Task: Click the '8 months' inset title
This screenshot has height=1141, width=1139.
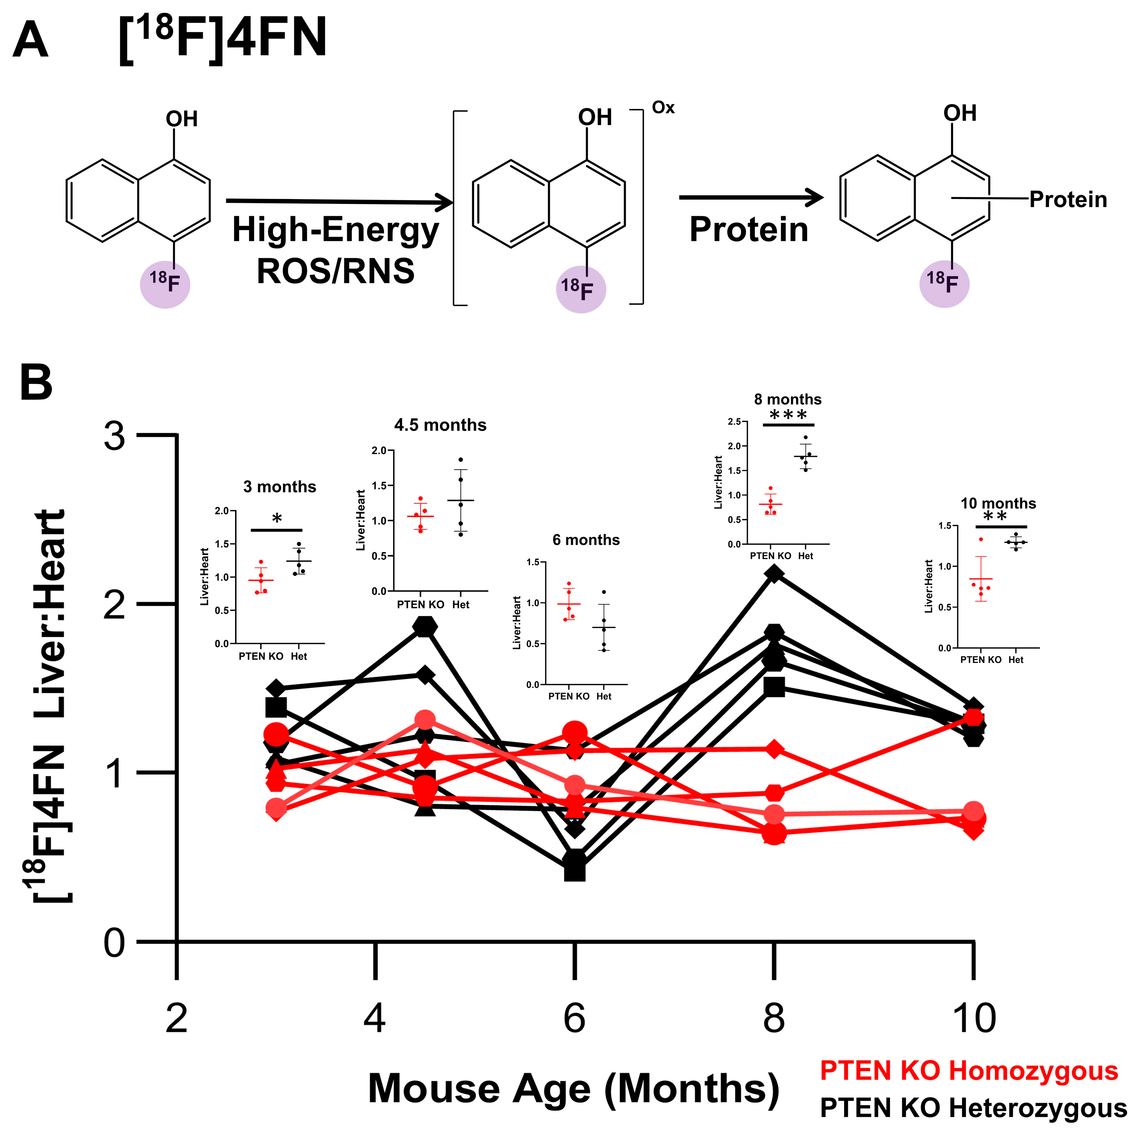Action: click(x=788, y=399)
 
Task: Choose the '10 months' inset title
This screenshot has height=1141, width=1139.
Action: click(x=998, y=503)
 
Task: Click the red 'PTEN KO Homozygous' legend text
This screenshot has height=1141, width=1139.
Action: click(x=969, y=1071)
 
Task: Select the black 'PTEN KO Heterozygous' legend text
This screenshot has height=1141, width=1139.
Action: click(x=973, y=1108)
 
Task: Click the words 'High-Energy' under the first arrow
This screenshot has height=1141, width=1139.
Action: click(x=336, y=230)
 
